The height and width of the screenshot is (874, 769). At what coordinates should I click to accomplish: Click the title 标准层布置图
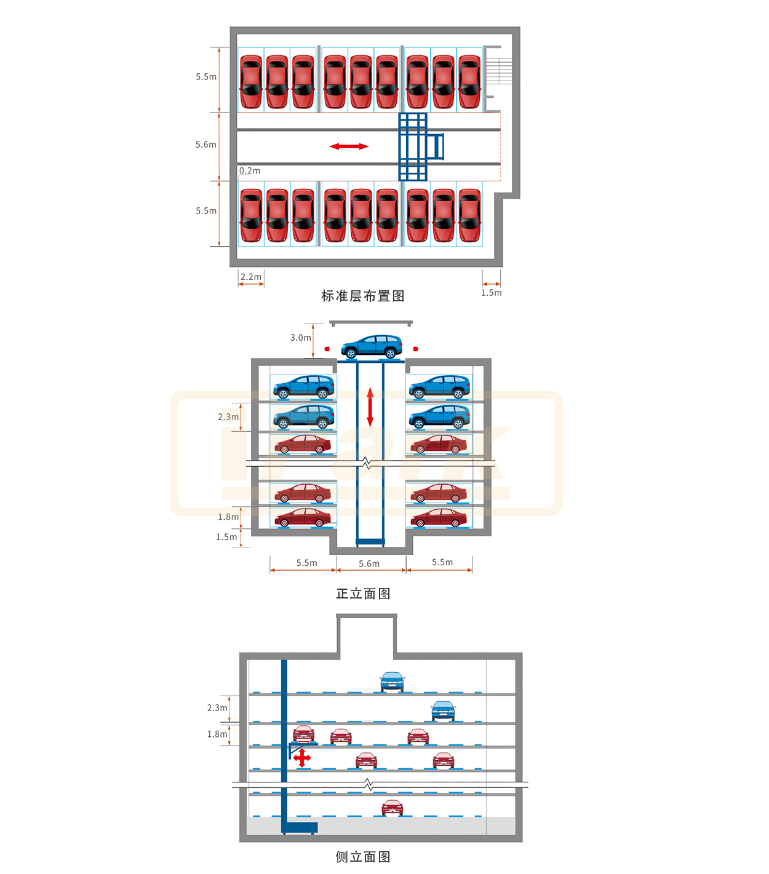pos(363,296)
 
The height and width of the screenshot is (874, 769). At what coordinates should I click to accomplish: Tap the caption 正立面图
pos(363,594)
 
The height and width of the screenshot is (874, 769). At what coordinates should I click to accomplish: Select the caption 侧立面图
pos(363,857)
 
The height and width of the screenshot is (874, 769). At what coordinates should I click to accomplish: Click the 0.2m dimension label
pos(250,171)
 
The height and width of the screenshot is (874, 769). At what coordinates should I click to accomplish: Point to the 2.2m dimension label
pos(251,277)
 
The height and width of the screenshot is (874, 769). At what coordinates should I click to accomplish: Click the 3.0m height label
pos(301,338)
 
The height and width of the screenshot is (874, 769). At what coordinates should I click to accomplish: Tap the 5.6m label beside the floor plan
pos(206,145)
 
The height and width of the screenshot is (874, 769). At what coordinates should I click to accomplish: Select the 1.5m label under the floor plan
pos(492,293)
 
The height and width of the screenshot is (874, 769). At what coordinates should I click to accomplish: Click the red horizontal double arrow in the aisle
pos(349,146)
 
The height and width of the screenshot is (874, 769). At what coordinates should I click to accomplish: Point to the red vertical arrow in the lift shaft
pos(370,407)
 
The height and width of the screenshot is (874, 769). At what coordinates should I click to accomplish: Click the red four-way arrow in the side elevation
pos(302,757)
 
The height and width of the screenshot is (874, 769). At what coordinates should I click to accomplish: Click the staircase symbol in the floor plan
pos(498,71)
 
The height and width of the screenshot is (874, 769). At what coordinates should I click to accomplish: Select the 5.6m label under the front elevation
pos(369,563)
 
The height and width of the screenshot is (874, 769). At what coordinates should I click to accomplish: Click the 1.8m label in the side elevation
pos(217,734)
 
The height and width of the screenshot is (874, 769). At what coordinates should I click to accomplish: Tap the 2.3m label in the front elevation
pos(228,417)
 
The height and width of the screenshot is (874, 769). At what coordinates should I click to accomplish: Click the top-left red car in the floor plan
pos(251,82)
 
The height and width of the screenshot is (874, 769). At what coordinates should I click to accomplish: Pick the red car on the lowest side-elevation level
pos(392,808)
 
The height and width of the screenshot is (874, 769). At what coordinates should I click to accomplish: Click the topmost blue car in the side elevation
pos(392,681)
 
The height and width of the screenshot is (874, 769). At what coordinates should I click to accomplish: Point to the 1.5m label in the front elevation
pos(226,537)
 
